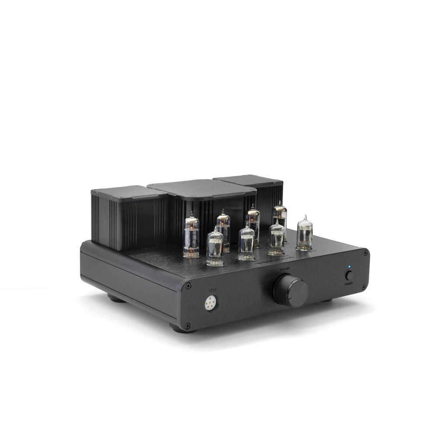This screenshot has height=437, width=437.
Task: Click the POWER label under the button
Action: (x=349, y=284)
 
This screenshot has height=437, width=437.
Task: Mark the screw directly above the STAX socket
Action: (x=188, y=286)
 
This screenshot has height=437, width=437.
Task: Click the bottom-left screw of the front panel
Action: (x=187, y=325)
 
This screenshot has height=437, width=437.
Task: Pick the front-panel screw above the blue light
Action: (x=364, y=253)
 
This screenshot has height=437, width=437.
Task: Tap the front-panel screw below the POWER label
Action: (x=363, y=287)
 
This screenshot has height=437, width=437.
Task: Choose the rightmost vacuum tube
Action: (x=305, y=233)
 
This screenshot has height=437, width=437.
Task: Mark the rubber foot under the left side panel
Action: (x=116, y=299)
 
